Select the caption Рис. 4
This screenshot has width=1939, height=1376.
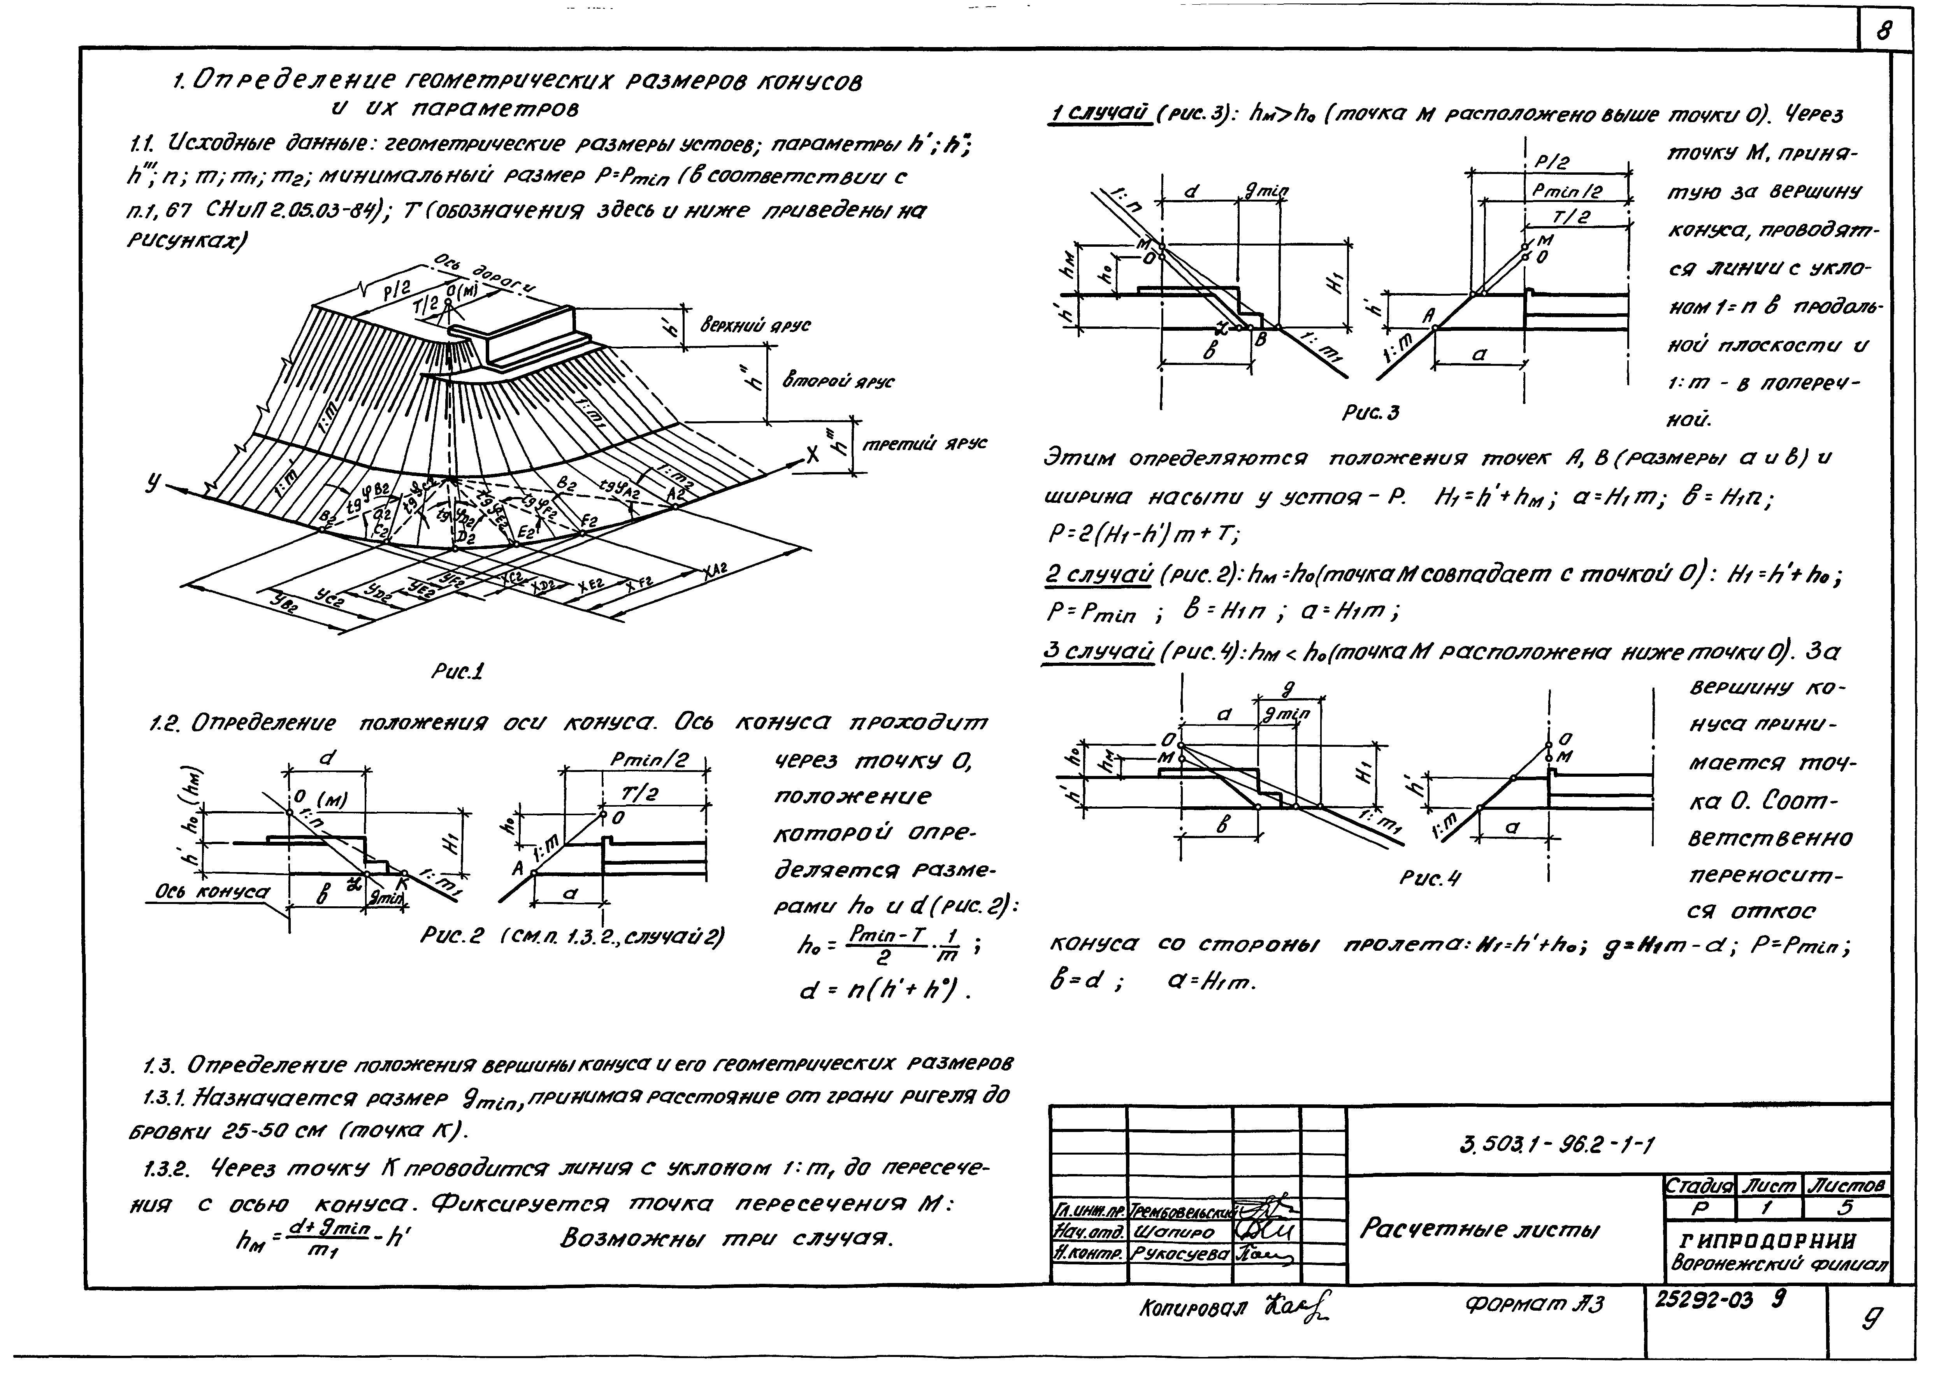(x=1431, y=879)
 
